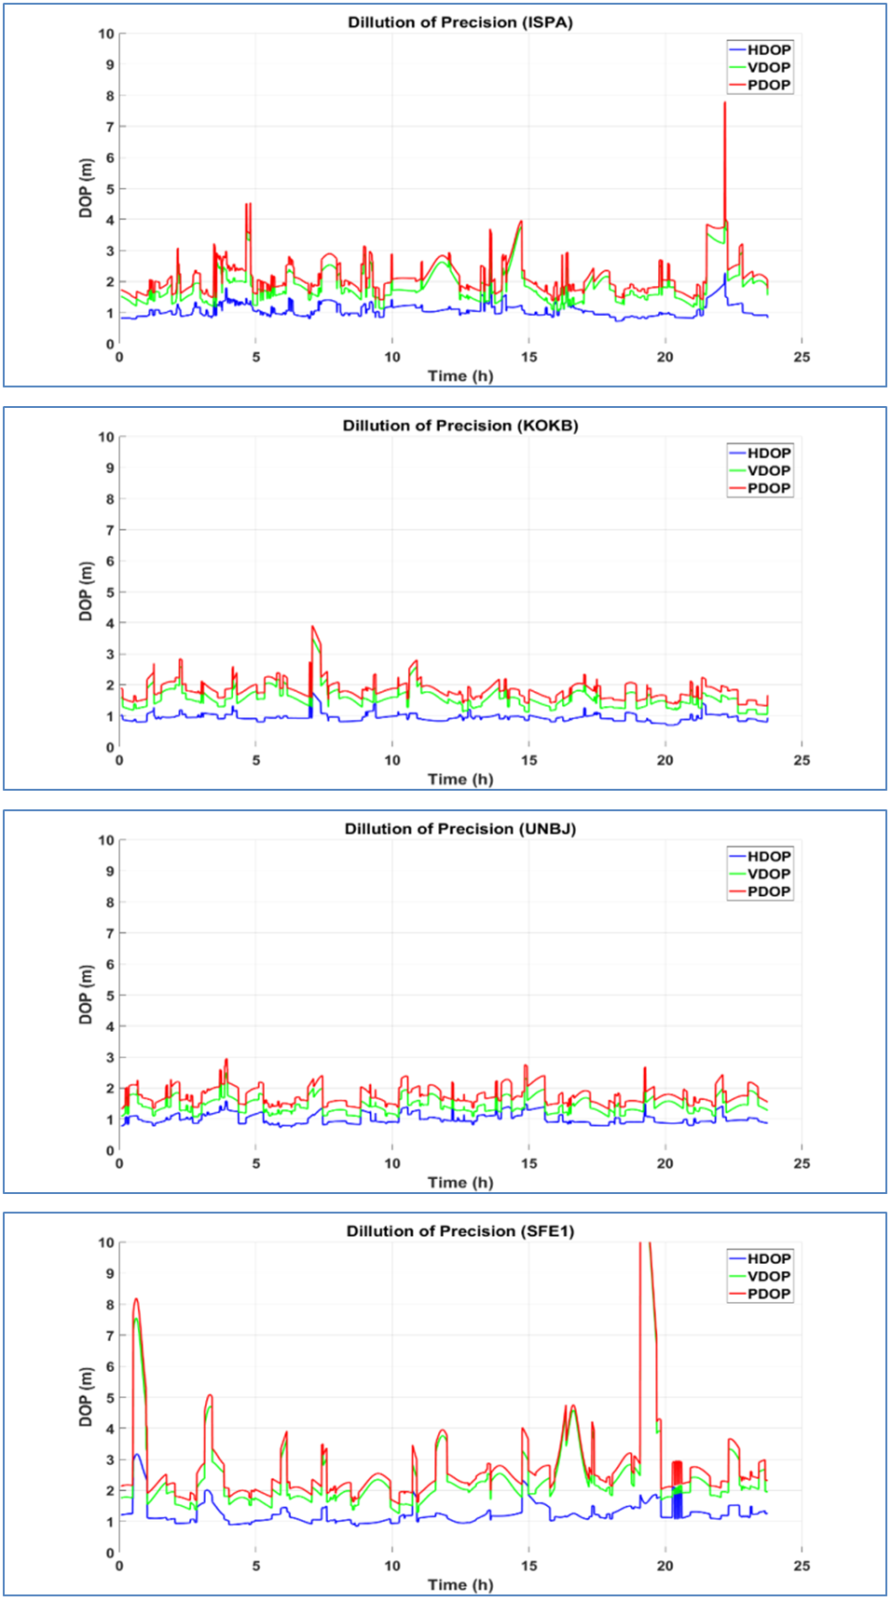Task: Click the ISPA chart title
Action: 460,22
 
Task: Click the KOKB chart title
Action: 460,426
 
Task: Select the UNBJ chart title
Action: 460,829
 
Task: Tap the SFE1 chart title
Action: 460,1231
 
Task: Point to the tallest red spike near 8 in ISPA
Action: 724,103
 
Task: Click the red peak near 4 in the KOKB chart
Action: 313,627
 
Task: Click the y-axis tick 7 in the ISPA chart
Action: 110,127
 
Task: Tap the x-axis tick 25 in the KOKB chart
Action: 802,760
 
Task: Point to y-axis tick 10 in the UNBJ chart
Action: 107,840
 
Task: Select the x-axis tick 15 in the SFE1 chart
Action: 528,1566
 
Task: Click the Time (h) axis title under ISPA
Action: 460,376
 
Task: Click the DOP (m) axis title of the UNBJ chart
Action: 86,995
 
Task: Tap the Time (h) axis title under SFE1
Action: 460,1584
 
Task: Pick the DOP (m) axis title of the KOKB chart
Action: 86,591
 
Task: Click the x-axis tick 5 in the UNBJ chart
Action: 256,1163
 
